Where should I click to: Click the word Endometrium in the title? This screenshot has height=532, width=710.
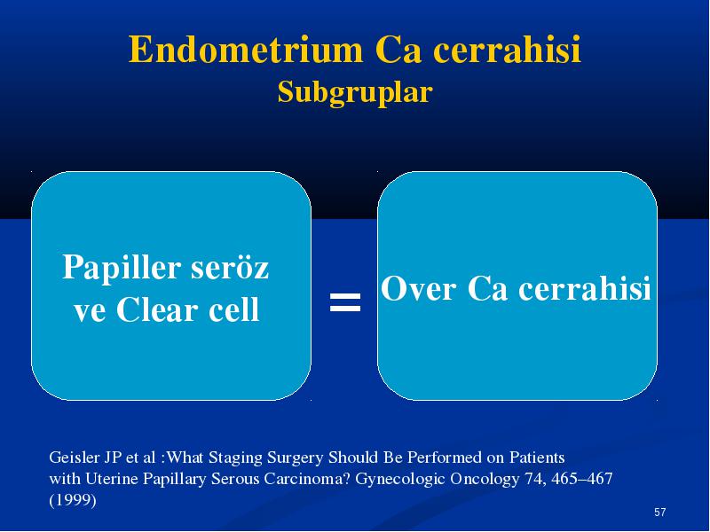click(246, 50)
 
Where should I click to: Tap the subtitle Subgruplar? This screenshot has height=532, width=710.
click(355, 93)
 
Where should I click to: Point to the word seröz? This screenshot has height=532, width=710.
click(230, 267)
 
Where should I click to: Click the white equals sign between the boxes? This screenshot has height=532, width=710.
click(345, 302)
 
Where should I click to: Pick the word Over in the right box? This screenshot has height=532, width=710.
click(418, 288)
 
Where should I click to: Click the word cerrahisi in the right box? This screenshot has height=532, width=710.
click(585, 288)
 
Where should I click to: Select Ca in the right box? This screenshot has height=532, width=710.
click(487, 288)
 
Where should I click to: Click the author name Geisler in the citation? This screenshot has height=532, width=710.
click(74, 458)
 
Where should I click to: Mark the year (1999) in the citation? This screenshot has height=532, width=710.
click(73, 500)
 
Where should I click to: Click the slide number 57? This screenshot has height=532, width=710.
click(660, 512)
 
